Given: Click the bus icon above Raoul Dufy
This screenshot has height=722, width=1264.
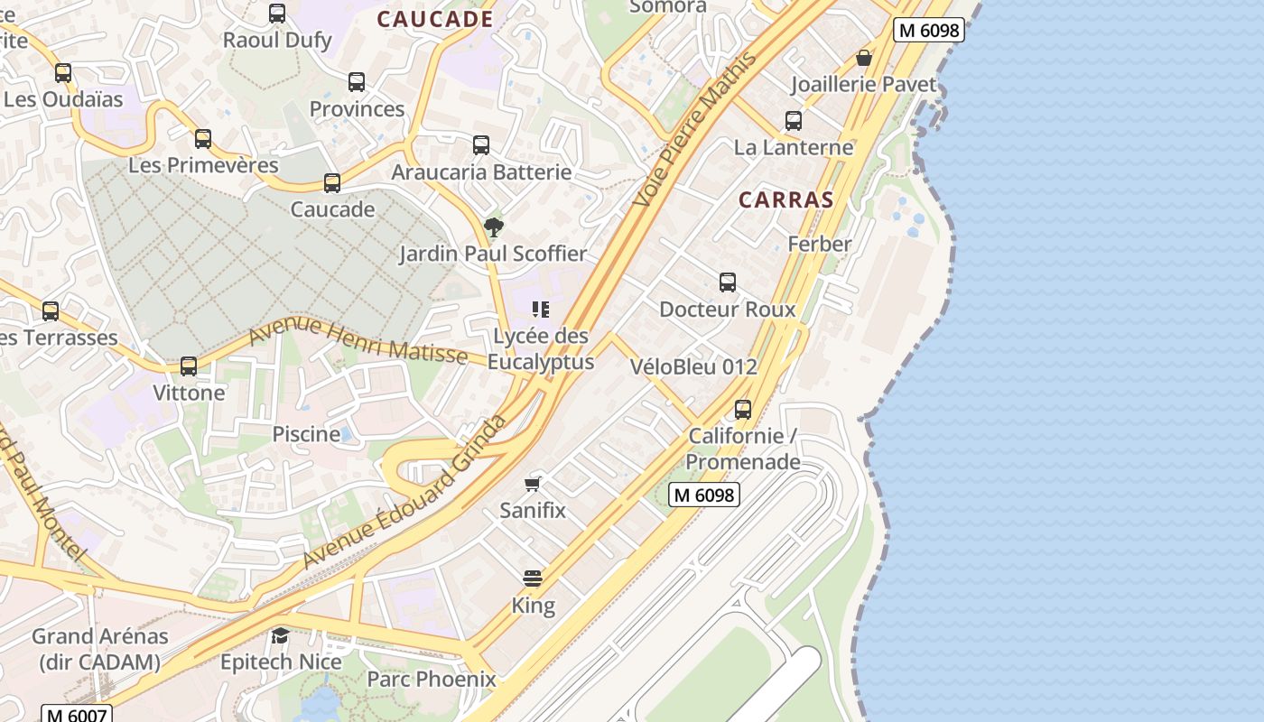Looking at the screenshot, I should coord(277,14).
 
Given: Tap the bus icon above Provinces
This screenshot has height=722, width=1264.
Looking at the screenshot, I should coord(357,82).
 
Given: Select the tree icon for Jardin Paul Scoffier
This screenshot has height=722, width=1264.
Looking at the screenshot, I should coord(493,227).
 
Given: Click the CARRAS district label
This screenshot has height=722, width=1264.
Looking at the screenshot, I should coord(785,200).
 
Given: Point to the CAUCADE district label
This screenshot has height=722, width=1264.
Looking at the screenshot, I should coord(434,19).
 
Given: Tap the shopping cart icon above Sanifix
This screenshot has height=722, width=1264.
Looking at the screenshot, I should coord(534,484).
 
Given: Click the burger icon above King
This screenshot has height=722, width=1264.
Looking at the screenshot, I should coord(533,579).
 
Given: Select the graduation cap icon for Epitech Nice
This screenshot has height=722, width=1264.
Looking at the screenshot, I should coord(281,635).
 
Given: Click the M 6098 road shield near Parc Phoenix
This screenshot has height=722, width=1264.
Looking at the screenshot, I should coord(704,495).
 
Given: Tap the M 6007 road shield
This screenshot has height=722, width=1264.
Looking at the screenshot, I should coord(77,715).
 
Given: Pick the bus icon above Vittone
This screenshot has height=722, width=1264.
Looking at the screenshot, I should coord(189,366).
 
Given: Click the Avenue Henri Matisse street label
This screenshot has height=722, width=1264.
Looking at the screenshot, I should coord(358,342).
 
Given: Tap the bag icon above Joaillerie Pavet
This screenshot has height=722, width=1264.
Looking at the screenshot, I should coord(864,59).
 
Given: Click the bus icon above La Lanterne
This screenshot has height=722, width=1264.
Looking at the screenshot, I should coord(794,120).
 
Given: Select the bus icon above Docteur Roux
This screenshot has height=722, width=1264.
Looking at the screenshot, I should coord(728,282).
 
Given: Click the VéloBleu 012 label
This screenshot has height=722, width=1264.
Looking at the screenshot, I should coord(693,367).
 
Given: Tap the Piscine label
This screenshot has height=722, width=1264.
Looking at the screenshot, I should coord(306,434).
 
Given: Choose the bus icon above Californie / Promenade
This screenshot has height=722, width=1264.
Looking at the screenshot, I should coord(743,409).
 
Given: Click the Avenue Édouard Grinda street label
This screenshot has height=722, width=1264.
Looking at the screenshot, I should coord(405,493).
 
